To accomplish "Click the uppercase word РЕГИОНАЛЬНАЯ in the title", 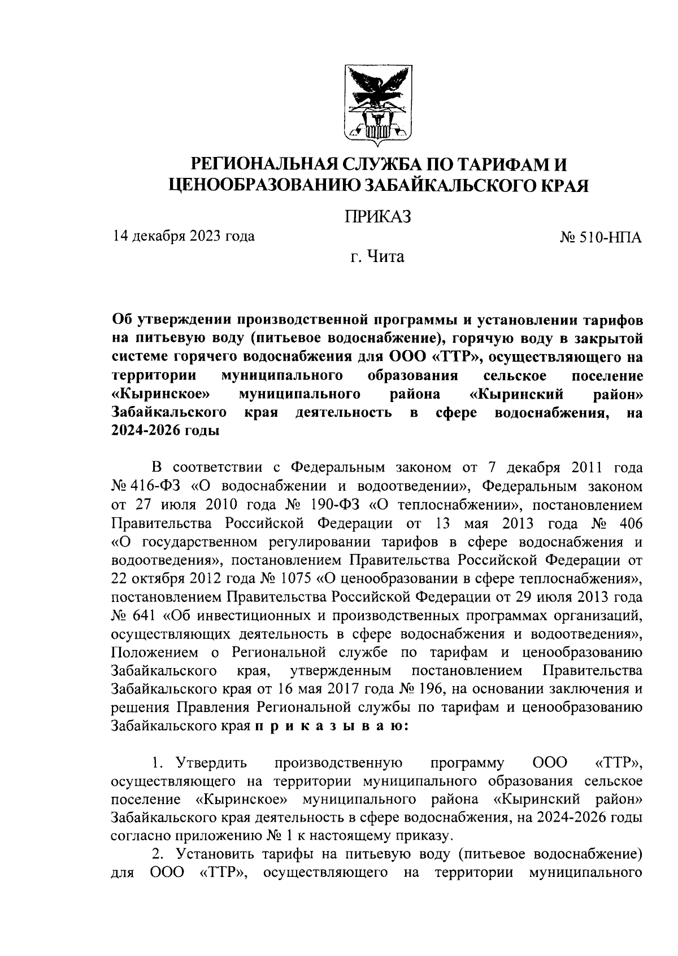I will click(266, 164).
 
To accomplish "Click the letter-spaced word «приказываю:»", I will click(328, 727).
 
